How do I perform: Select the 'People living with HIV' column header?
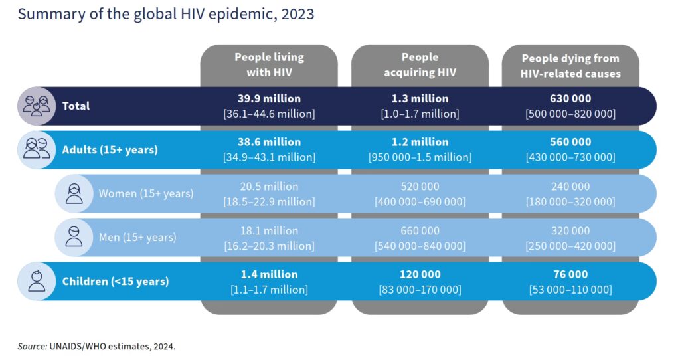click(x=269, y=65)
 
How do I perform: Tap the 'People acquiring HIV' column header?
click(x=420, y=65)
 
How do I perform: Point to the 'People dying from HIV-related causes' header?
click(x=571, y=65)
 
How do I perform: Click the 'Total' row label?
click(x=76, y=106)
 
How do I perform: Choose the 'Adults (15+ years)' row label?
click(x=110, y=149)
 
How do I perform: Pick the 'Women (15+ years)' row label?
click(x=146, y=193)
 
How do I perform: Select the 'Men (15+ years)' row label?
click(x=138, y=236)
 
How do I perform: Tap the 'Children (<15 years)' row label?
click(x=116, y=281)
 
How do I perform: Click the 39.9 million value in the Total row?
click(x=269, y=99)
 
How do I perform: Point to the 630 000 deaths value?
click(x=571, y=99)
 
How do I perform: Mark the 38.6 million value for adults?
click(x=269, y=142)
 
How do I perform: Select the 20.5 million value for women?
click(x=269, y=187)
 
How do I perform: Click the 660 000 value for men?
click(x=420, y=230)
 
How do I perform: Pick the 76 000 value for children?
click(x=571, y=274)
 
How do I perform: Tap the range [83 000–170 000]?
click(x=420, y=290)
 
